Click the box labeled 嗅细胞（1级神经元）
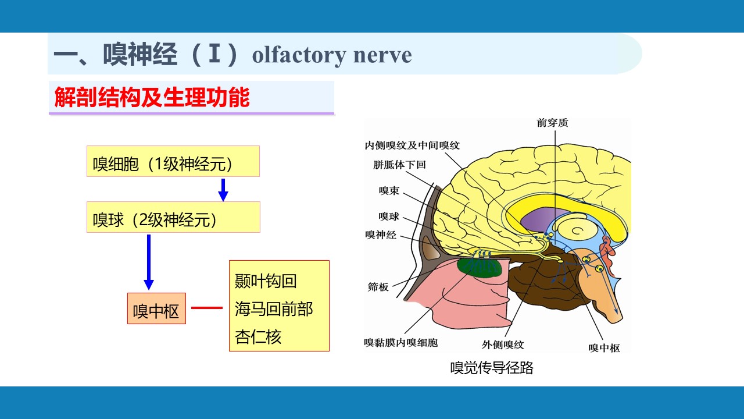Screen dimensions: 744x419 tap(173, 161)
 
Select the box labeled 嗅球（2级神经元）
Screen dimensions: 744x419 tap(173, 217)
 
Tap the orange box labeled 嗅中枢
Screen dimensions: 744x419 tap(156, 308)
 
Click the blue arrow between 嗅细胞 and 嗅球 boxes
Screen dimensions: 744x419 tap(223, 190)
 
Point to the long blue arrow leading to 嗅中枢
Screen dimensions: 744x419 tap(149, 262)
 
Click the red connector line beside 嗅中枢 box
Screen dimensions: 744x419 tap(207, 308)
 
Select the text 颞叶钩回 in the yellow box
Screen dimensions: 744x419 tap(266, 281)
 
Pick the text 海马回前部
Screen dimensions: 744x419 tap(274, 309)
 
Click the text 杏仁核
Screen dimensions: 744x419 tap(258, 337)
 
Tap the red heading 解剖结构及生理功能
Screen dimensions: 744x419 tap(152, 97)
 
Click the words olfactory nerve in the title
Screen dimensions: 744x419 tap(332, 55)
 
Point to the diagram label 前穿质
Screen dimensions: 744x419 tap(552, 123)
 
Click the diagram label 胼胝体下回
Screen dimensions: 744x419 tap(399, 165)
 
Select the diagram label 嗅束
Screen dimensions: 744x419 tap(389, 190)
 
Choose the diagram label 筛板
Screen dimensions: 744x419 tap(378, 287)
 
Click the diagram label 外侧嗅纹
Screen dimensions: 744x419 tap(503, 345)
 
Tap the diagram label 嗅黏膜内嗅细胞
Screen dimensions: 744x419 tap(401, 343)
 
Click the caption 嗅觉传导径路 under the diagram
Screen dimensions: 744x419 tap(492, 368)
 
